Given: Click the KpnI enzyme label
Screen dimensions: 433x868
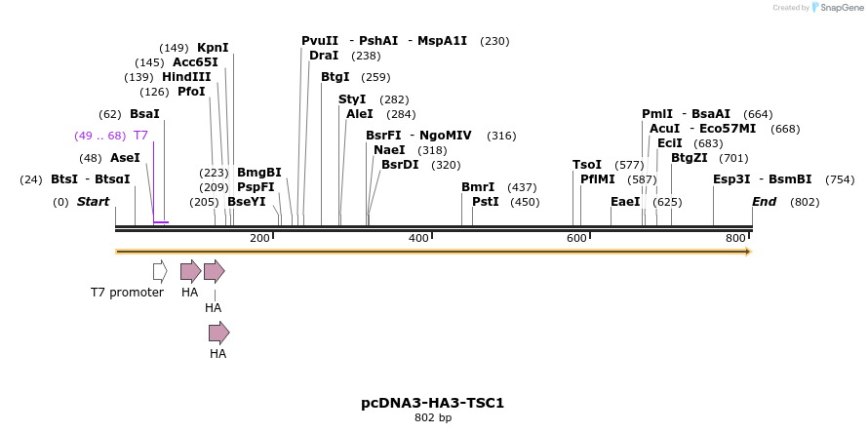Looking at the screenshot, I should pyautogui.click(x=213, y=48).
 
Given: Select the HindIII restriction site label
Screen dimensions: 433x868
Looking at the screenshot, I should pyautogui.click(x=186, y=77).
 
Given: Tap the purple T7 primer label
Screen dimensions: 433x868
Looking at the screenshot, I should pyautogui.click(x=140, y=136).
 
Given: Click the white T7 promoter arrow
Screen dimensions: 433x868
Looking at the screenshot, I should pyautogui.click(x=160, y=271).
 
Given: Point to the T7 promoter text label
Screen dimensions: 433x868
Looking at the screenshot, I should pyautogui.click(x=127, y=293).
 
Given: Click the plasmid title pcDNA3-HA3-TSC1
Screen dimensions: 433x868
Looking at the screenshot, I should pyautogui.click(x=432, y=403).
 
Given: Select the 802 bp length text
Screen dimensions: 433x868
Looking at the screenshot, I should pyautogui.click(x=433, y=418).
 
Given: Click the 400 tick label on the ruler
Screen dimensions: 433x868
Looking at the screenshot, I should pyautogui.click(x=418, y=239).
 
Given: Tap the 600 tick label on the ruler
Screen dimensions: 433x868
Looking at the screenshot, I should pyautogui.click(x=576, y=239).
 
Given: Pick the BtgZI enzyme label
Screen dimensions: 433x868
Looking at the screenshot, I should pyautogui.click(x=689, y=158).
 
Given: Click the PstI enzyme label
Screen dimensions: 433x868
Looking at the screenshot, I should pyautogui.click(x=485, y=202).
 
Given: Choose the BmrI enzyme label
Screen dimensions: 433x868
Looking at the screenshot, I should pyautogui.click(x=478, y=187).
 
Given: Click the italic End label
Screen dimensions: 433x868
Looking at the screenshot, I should pyautogui.click(x=764, y=202).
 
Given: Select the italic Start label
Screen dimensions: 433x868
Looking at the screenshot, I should pyautogui.click(x=93, y=202).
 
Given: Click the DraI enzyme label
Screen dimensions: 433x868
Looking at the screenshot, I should pyautogui.click(x=324, y=56).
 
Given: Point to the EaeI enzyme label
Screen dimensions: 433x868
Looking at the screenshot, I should pyautogui.click(x=625, y=202).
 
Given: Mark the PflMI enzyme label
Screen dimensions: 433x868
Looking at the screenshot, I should pyautogui.click(x=598, y=179).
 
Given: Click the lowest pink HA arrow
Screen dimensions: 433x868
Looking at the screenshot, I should pyautogui.click(x=218, y=333).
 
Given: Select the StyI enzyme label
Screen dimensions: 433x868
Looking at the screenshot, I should pyautogui.click(x=352, y=99).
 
